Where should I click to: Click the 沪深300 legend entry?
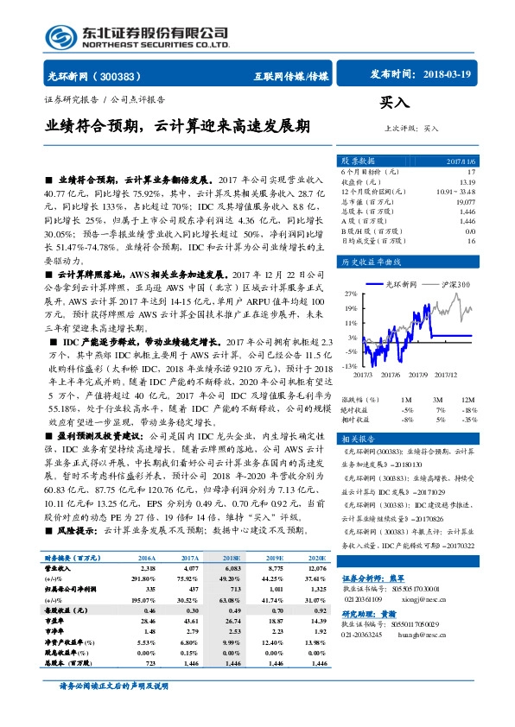tap(455, 283)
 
